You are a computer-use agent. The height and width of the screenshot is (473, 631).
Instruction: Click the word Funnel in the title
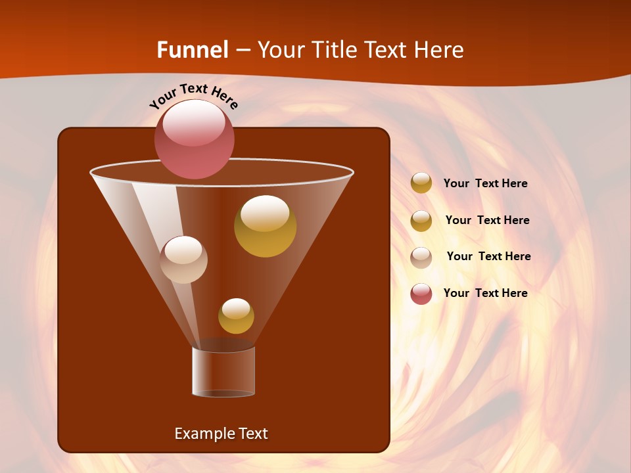pyautogui.click(x=192, y=50)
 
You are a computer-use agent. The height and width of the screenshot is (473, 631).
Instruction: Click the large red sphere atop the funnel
pyautogui.click(x=195, y=139)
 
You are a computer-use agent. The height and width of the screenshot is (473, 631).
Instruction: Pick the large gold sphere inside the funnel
pyautogui.click(x=265, y=226)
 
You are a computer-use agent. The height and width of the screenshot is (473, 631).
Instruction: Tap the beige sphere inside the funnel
pyautogui.click(x=184, y=259)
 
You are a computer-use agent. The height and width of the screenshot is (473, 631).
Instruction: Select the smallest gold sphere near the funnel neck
pyautogui.click(x=236, y=316)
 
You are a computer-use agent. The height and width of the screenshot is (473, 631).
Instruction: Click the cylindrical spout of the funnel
pyautogui.click(x=223, y=372)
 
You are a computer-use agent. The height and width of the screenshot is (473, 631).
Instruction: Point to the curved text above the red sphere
pyautogui.click(x=194, y=96)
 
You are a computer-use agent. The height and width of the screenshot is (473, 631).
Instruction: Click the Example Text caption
pyautogui.click(x=221, y=434)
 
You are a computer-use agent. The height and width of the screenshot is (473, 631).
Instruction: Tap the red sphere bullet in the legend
pyautogui.click(x=421, y=294)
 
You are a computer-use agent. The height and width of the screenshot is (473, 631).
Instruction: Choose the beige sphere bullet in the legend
pyautogui.click(x=421, y=258)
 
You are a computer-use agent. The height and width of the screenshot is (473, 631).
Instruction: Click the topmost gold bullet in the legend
pyautogui.click(x=421, y=183)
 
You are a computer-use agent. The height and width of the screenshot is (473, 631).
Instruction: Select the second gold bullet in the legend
pyautogui.click(x=421, y=221)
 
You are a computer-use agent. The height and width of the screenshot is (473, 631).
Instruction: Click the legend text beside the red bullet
pyautogui.click(x=485, y=293)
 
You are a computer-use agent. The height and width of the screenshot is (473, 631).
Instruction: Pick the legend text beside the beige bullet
pyautogui.click(x=488, y=256)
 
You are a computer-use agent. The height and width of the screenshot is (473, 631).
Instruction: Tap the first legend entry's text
pyautogui.click(x=485, y=183)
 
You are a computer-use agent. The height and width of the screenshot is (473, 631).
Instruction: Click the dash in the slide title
pyautogui.click(x=242, y=50)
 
